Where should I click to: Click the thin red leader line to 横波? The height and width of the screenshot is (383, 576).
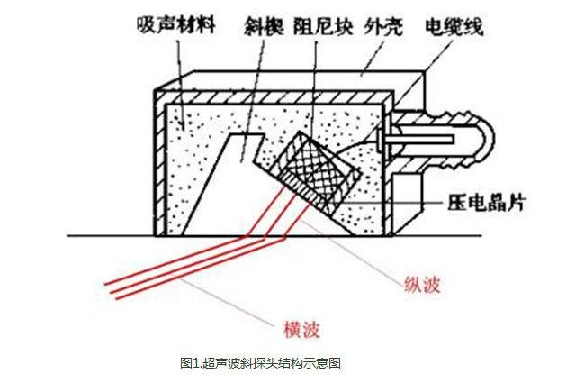click(225, 297)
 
